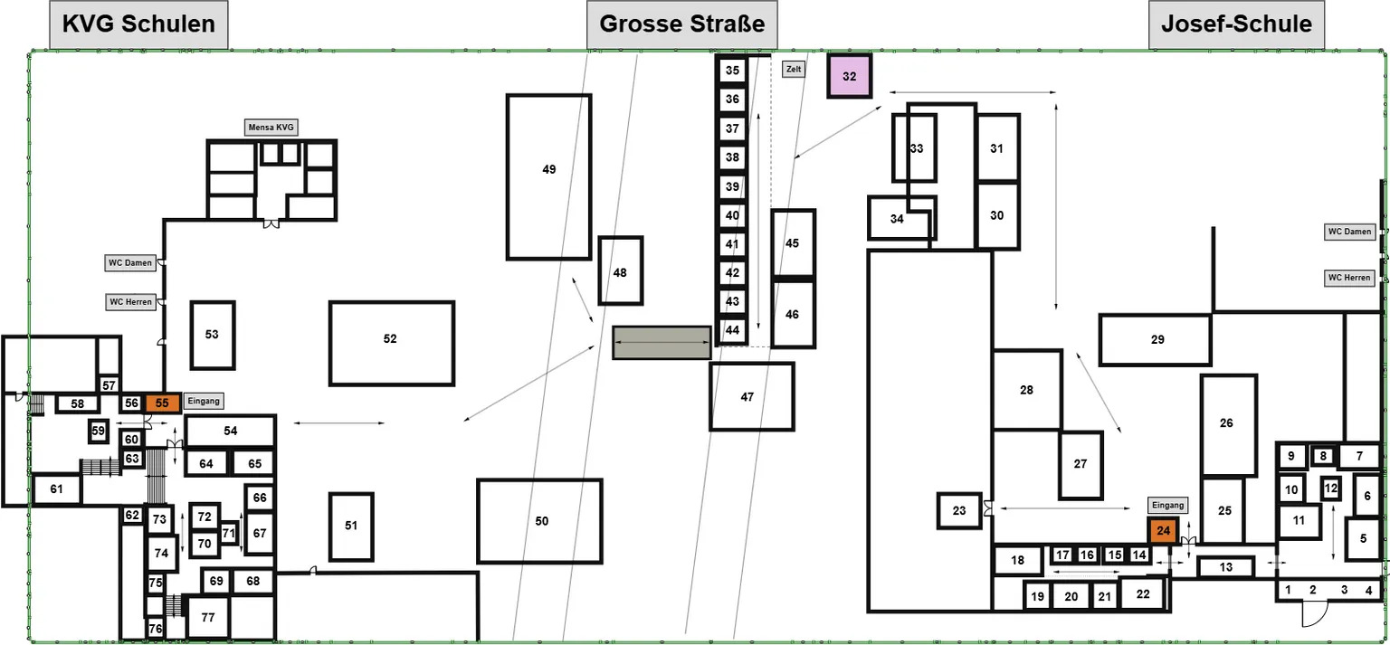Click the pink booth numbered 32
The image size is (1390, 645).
[849, 77]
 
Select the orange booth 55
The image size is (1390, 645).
[162, 403]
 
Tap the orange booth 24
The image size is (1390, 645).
[1163, 530]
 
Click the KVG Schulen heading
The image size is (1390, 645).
[138, 24]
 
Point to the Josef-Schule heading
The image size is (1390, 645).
[1236, 24]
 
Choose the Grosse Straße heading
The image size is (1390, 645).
[681, 24]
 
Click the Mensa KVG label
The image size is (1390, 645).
[272, 128]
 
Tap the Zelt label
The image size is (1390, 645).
[793, 68]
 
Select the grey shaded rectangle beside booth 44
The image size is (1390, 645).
[662, 343]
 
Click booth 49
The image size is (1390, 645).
[548, 177]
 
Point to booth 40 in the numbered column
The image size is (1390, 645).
[732, 216]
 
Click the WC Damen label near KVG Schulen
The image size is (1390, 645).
[130, 263]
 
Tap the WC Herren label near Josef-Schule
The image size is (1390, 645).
[1349, 278]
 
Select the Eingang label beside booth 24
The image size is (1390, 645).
[1167, 506]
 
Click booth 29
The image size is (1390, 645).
[1156, 340]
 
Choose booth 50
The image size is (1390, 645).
[539, 521]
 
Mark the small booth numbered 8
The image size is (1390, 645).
[1323, 457]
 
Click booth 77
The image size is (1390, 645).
[208, 618]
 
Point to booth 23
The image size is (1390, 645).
[959, 511]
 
